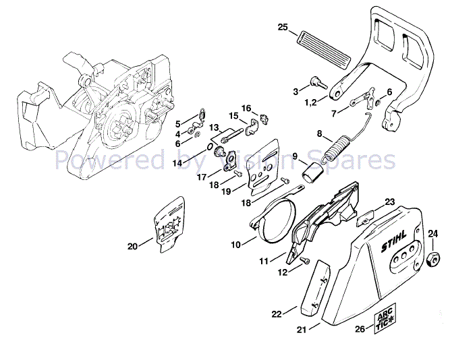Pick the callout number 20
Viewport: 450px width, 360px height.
pos(132,246)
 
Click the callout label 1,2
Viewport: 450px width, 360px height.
pos(311,102)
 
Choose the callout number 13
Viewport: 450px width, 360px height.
pos(214,127)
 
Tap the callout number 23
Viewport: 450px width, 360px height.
pos(390,202)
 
